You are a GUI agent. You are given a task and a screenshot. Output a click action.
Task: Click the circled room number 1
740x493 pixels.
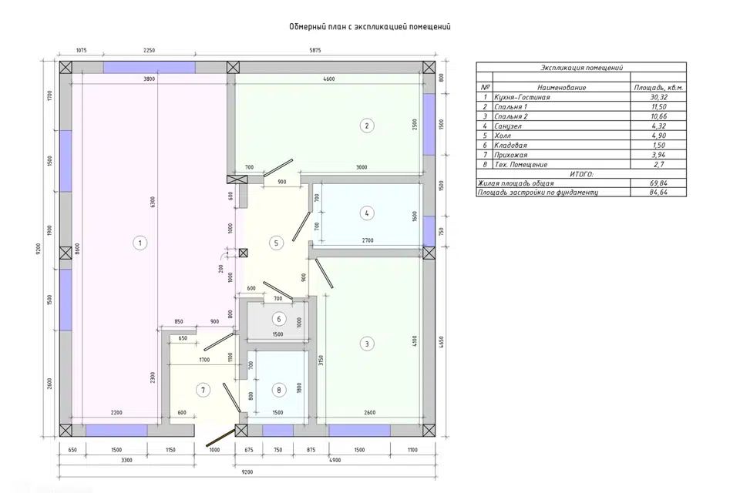pyautogui.click(x=140, y=243)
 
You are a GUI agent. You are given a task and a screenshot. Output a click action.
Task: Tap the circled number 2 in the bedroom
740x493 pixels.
pyautogui.click(x=367, y=126)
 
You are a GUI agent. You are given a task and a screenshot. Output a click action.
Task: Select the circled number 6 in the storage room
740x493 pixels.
pyautogui.click(x=278, y=319)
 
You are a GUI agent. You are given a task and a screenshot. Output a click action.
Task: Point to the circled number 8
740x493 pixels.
pyautogui.click(x=279, y=390)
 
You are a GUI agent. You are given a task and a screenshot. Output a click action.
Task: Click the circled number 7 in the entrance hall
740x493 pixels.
pyautogui.click(x=203, y=390)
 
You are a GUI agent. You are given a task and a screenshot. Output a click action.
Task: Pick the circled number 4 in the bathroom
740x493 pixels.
pyautogui.click(x=367, y=213)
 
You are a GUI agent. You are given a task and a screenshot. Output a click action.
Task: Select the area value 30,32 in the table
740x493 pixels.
pyautogui.click(x=658, y=97)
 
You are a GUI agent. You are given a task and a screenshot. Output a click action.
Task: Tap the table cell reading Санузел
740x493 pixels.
pyautogui.click(x=508, y=126)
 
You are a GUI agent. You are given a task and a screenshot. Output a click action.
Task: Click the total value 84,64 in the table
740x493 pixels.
pyautogui.click(x=658, y=192)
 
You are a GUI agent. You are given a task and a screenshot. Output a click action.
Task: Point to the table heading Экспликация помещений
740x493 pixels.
pyautogui.click(x=581, y=68)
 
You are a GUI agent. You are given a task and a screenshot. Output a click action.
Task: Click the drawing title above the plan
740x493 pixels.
pyautogui.click(x=370, y=26)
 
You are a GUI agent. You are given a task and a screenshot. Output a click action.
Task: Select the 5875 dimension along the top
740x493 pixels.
pyautogui.click(x=314, y=51)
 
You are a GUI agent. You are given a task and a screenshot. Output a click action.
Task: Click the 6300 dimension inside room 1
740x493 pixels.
pyautogui.click(x=153, y=203)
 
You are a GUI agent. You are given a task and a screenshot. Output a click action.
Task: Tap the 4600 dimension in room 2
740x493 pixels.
pyautogui.click(x=329, y=79)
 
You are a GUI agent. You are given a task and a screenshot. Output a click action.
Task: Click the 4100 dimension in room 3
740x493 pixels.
pyautogui.click(x=415, y=341)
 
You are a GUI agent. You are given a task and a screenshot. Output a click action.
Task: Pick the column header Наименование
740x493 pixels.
pyautogui.click(x=562, y=87)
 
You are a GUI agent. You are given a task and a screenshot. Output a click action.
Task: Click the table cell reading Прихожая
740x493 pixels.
pyautogui.click(x=510, y=155)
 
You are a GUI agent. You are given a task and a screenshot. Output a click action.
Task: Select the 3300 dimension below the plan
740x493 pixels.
pyautogui.click(x=127, y=460)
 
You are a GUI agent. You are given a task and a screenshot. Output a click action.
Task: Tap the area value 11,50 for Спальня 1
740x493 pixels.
pyautogui.click(x=659, y=106)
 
